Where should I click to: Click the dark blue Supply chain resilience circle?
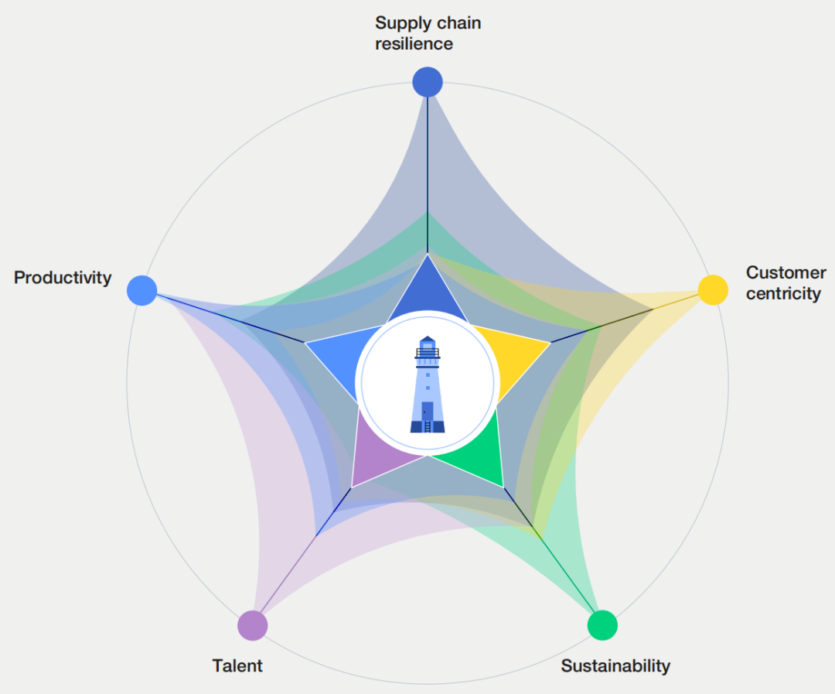[x=427, y=81]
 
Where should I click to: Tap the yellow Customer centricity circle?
[x=713, y=289]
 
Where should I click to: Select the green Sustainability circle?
[x=602, y=625]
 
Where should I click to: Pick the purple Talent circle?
[x=252, y=625]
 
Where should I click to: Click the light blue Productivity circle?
[x=141, y=290]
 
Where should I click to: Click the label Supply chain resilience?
[x=428, y=33]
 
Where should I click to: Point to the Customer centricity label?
[x=785, y=283]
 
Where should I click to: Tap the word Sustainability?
[x=615, y=665]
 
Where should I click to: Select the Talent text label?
[x=237, y=665]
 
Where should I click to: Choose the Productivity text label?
[x=63, y=278]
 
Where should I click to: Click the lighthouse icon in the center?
[x=427, y=383]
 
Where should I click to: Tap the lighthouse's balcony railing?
[x=427, y=354]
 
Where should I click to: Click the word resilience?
[x=414, y=44]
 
